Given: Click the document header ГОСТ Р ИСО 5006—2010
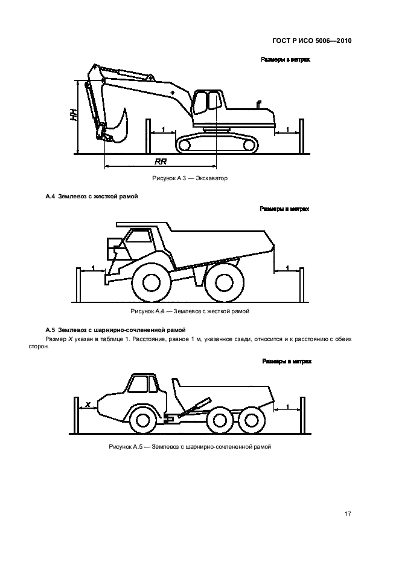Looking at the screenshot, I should coord(308,42).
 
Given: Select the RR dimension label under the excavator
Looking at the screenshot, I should coord(161,162).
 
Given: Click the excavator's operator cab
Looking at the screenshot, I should coord(205,103).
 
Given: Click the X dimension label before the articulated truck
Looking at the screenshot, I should coord(88,404).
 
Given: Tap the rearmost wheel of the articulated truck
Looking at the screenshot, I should coord(249,420).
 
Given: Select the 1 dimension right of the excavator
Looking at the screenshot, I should coord(288,129).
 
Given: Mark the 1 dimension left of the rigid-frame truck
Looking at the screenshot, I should coord(93,267).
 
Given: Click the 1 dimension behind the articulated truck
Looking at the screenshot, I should coord(287,406).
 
